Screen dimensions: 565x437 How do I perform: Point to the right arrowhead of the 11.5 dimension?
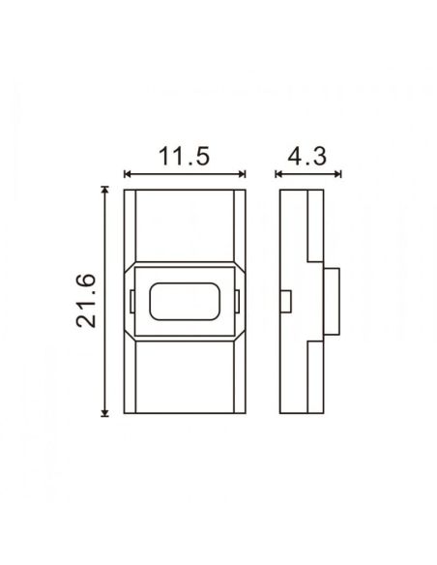click(x=243, y=175)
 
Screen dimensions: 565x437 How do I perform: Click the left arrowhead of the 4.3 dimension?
click(x=279, y=175)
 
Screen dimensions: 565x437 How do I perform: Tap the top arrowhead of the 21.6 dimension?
click(x=105, y=192)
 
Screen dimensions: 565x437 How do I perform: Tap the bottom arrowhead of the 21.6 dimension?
click(x=105, y=412)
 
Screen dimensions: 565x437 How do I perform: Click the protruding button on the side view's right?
click(x=333, y=302)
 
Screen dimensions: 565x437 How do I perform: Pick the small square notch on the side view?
click(x=286, y=302)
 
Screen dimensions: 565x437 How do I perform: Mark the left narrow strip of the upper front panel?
click(x=131, y=227)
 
